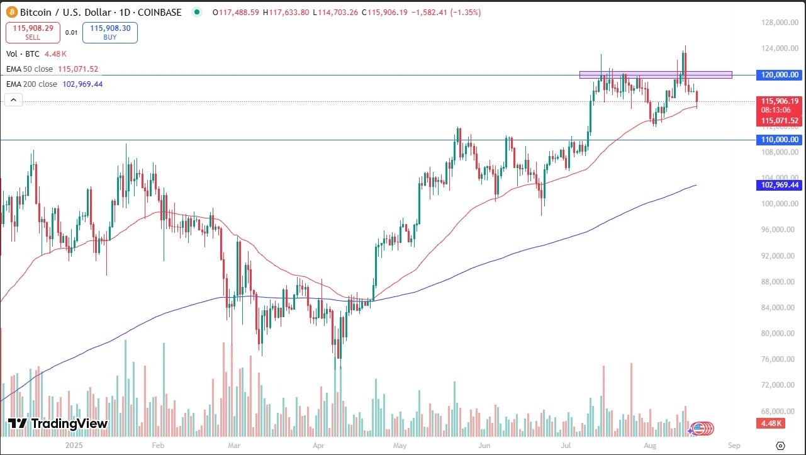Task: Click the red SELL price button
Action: [x=33, y=33]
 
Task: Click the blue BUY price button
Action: [x=110, y=33]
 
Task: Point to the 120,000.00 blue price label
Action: [x=780, y=75]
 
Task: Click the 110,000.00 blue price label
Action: [x=780, y=140]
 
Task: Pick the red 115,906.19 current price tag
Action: [x=780, y=101]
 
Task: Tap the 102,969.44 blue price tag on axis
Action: [x=780, y=185]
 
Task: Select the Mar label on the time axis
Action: [x=234, y=445]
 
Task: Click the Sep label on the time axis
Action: [x=733, y=445]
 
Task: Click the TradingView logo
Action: [x=58, y=424]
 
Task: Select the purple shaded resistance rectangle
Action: [x=656, y=75]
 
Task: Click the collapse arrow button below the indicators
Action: [x=14, y=99]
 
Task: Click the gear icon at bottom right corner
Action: [x=780, y=445]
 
